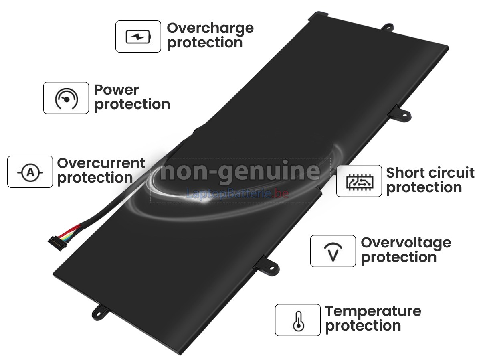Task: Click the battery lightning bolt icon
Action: coord(138,37)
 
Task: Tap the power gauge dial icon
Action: coord(67,98)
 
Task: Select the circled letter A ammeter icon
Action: coord(30,172)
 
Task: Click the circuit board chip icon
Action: coord(360,181)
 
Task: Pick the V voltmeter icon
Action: coord(333,252)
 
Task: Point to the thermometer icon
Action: coord(299,321)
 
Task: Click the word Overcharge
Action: coord(210,29)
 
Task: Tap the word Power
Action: coord(117,90)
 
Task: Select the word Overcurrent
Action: coord(101,163)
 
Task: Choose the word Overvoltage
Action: coord(406,243)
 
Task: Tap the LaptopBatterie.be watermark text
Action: coord(238,194)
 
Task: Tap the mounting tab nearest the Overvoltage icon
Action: coord(268,266)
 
